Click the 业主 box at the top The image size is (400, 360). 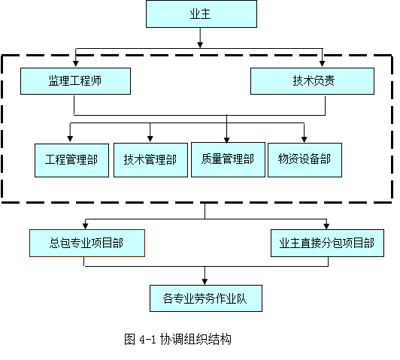(x=202, y=14)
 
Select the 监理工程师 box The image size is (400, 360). (x=75, y=81)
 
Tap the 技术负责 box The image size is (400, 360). (x=312, y=81)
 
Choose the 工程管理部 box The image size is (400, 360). (x=71, y=160)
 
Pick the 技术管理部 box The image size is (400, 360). (x=150, y=160)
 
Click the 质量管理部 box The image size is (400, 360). (x=228, y=159)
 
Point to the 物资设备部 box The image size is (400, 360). (x=305, y=160)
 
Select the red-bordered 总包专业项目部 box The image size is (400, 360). (x=87, y=243)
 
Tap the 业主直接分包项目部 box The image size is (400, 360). (x=327, y=243)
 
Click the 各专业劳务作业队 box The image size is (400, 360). (x=206, y=298)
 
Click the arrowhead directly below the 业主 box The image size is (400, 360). (x=200, y=44)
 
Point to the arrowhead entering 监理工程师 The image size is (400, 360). (x=75, y=63)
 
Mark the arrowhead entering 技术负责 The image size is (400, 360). (x=323, y=63)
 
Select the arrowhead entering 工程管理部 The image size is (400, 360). (x=70, y=139)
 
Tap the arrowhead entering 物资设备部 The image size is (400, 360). (x=304, y=139)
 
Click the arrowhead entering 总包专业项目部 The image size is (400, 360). (x=85, y=226)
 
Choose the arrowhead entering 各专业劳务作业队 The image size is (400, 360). (x=205, y=282)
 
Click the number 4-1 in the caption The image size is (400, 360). (x=147, y=340)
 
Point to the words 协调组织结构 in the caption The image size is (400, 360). (x=195, y=340)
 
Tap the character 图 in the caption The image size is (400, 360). (x=129, y=340)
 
